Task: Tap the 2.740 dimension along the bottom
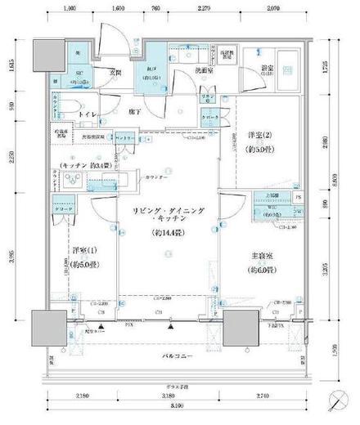(262, 396)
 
